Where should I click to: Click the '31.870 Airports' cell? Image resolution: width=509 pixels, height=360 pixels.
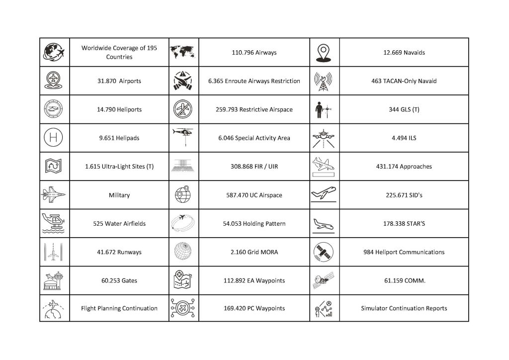pyautogui.click(x=119, y=81)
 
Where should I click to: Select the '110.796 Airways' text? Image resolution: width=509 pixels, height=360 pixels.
pyautogui.click(x=254, y=52)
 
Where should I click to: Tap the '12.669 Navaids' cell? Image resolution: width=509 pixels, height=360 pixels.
pyautogui.click(x=404, y=52)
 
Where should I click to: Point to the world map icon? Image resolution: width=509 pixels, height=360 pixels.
pyautogui.click(x=183, y=52)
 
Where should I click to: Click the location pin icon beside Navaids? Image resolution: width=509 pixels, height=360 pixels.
pyautogui.click(x=324, y=53)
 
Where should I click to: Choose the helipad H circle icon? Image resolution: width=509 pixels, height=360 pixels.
pyautogui.click(x=54, y=138)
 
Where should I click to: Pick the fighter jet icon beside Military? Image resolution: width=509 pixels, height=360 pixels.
pyautogui.click(x=54, y=194)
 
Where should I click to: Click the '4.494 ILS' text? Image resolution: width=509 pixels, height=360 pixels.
pyautogui.click(x=404, y=138)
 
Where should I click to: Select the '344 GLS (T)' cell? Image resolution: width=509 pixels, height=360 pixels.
pyautogui.click(x=404, y=109)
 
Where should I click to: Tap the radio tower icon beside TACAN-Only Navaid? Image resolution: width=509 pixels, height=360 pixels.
pyautogui.click(x=324, y=81)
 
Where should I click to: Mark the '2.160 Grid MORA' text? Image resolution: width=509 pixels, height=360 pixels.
pyautogui.click(x=254, y=252)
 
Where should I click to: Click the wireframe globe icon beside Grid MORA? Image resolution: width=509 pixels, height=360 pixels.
pyautogui.click(x=183, y=252)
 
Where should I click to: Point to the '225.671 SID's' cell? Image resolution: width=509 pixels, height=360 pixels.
pyautogui.click(x=404, y=195)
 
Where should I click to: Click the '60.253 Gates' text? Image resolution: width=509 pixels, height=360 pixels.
pyautogui.click(x=119, y=280)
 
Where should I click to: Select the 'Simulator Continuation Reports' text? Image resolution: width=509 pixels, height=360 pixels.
pyautogui.click(x=404, y=308)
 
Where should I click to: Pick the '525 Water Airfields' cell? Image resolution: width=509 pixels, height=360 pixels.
pyautogui.click(x=119, y=224)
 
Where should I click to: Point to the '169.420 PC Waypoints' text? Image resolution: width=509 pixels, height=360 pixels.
pyautogui.click(x=254, y=308)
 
